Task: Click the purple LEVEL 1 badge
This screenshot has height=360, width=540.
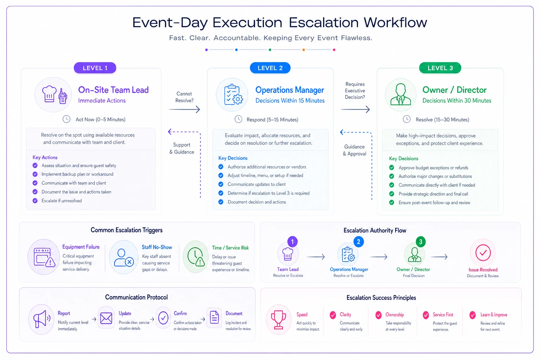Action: coord(95,68)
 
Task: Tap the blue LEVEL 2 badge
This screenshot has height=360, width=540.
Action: coord(270,68)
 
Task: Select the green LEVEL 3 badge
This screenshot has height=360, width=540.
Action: coord(440,68)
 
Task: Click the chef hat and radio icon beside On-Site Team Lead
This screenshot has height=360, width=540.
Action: coord(54,95)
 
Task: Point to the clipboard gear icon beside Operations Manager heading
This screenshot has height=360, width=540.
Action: coord(233,95)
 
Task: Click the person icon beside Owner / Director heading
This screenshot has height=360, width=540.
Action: coord(401,94)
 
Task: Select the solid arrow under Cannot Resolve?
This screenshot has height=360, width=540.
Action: coord(185,109)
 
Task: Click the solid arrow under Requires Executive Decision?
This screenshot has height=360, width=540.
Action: coord(355,109)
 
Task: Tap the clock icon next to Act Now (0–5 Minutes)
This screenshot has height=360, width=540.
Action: coord(66,119)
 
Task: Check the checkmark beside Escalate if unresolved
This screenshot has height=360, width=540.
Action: coord(35,201)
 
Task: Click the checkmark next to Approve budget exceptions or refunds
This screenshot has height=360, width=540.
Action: coord(392,168)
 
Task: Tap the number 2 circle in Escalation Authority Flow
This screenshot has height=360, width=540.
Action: coord(359,242)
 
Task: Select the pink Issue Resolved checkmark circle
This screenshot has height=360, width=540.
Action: coord(483,252)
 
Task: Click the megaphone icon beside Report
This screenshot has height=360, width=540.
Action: coord(42,319)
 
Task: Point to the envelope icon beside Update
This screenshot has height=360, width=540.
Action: coord(106,318)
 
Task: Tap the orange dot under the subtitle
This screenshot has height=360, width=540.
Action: coord(303,50)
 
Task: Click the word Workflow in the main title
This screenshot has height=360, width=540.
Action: coord(396,22)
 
